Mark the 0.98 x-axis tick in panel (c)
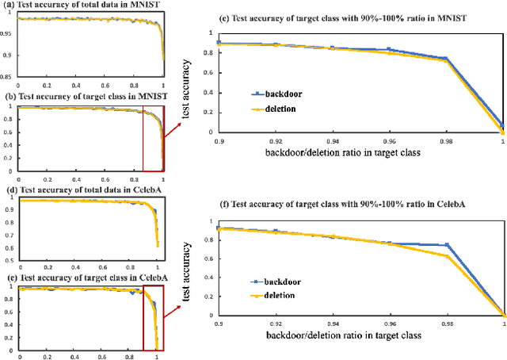(446, 140)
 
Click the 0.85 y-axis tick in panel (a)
(9, 77)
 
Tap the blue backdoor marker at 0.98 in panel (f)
(448, 245)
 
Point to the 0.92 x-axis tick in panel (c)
(274, 140)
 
